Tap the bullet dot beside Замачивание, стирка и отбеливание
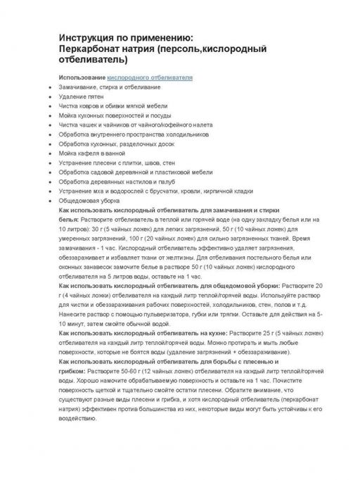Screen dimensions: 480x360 point(46,87)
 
